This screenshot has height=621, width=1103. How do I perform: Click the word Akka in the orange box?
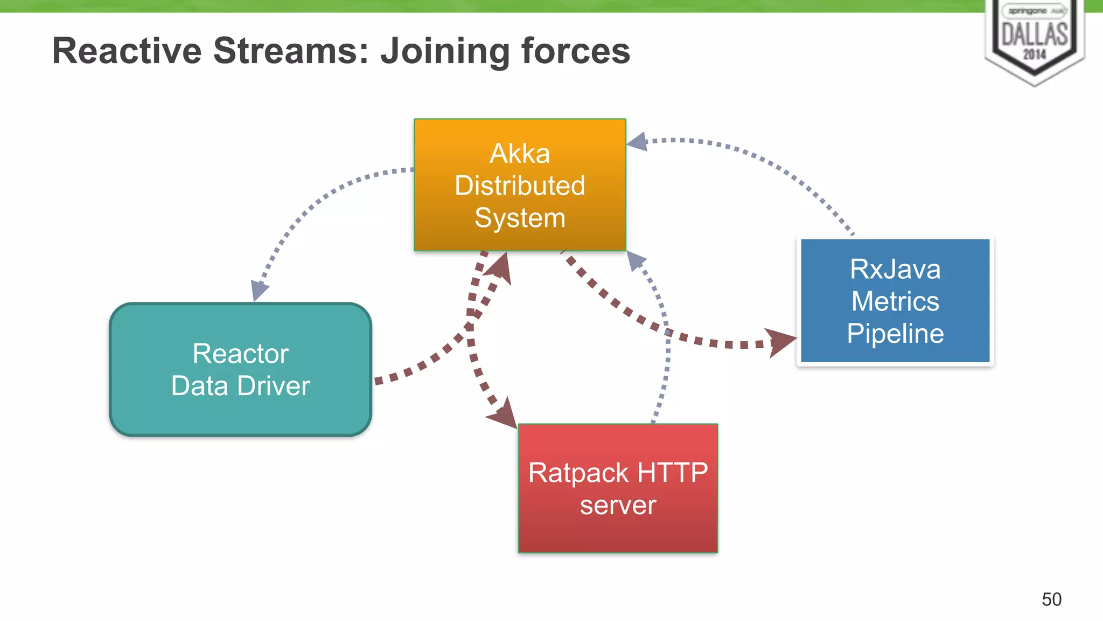(x=520, y=154)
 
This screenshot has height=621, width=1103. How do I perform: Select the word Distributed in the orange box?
(x=520, y=186)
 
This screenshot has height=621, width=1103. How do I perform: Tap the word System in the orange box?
(x=520, y=218)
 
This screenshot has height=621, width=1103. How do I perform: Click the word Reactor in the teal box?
(x=240, y=354)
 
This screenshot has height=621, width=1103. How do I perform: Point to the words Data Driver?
(x=240, y=386)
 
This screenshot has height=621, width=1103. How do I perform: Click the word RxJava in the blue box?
(x=895, y=269)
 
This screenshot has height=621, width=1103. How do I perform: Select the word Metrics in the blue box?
(x=895, y=301)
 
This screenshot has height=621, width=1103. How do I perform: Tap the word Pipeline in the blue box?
(x=895, y=334)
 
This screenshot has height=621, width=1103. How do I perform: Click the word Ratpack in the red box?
(x=578, y=473)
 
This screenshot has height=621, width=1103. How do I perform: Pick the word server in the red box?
(x=618, y=506)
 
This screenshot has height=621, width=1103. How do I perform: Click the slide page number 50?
(x=1051, y=599)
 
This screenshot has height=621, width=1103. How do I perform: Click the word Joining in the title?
(x=444, y=51)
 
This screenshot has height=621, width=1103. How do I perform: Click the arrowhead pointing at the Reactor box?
(x=259, y=290)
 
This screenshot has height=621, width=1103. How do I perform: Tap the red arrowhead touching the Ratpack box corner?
(x=504, y=415)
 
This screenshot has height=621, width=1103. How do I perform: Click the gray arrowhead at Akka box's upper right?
(x=638, y=142)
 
